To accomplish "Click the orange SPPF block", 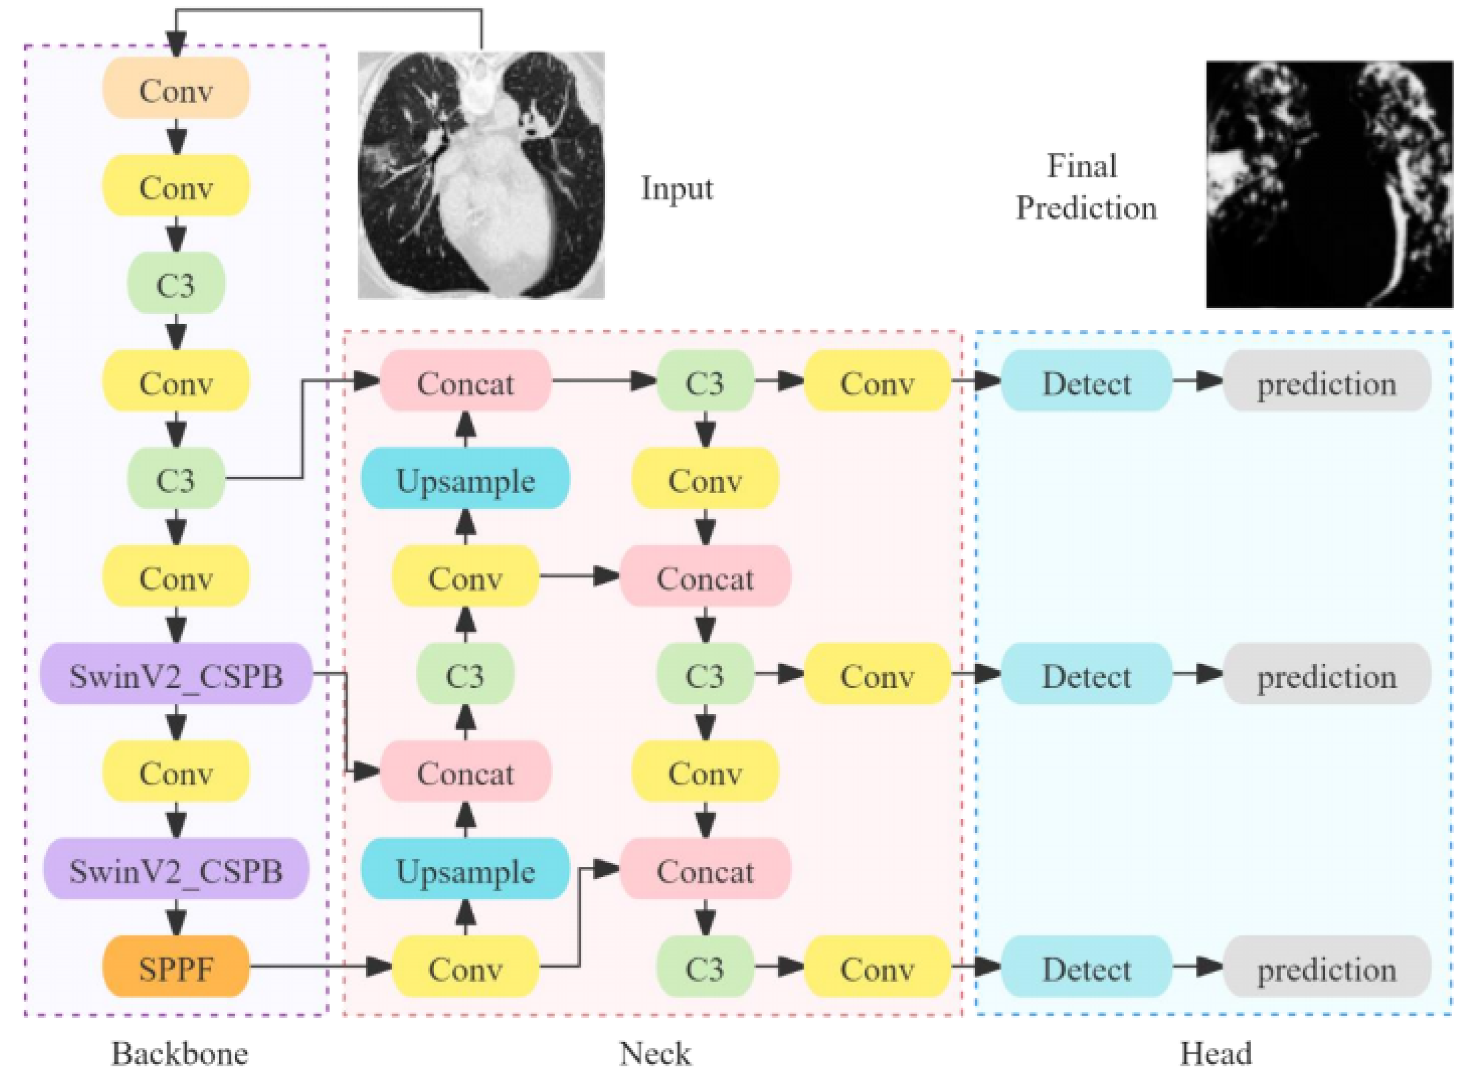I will pos(176,967).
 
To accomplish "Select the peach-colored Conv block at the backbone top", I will pos(176,88).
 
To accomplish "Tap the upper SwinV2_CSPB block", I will pos(176,674).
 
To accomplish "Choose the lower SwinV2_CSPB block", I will pos(176,869).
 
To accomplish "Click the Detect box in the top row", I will pos(1086,382).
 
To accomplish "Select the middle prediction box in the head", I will pos(1326,674).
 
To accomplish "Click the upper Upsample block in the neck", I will pos(465,480).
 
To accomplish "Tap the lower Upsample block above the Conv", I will pos(465,869).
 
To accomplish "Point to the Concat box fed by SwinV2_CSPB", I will pos(465,772).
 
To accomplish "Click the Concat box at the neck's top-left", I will pos(465,382).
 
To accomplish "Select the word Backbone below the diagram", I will pos(179,1053).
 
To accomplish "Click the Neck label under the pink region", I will pos(655,1053).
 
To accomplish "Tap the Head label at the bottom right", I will pos(1215,1053).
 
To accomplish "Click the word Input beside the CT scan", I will pos(677,189).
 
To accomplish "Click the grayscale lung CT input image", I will pos(481,175).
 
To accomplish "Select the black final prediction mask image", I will pos(1328,184).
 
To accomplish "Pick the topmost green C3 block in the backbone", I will pos(176,284).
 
